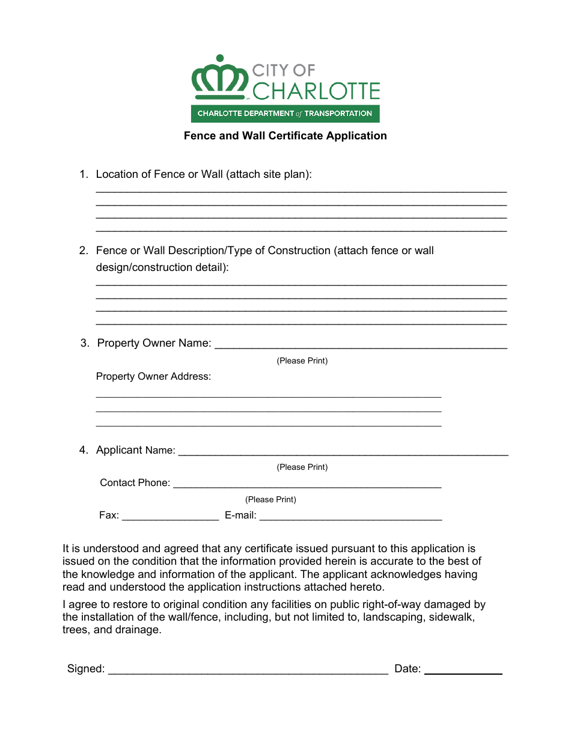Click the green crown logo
220,78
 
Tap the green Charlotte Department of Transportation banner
285,113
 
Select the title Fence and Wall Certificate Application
285,136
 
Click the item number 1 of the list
84,174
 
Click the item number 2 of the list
84,251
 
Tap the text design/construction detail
162,267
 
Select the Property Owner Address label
153,377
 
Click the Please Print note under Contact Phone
270,499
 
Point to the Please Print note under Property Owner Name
302,361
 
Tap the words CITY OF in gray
283,70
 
